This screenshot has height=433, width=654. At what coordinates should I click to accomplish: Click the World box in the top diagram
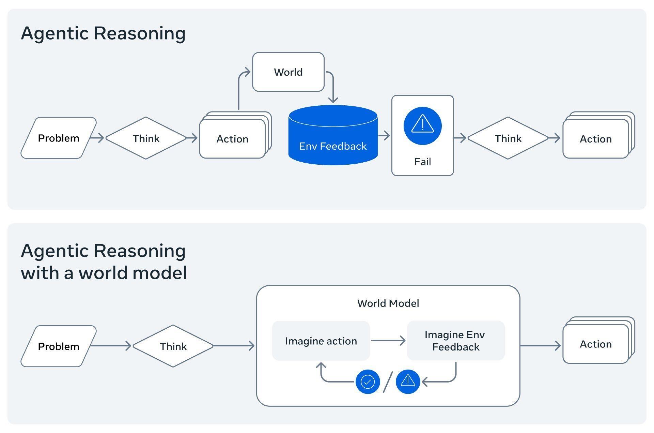point(288,72)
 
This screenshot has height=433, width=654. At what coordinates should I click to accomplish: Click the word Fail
point(422,162)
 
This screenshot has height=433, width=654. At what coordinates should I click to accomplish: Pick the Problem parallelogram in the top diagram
point(59,138)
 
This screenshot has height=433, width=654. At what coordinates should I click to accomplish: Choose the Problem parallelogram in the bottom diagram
point(59,346)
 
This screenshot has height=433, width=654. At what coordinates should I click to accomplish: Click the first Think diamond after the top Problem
point(146,138)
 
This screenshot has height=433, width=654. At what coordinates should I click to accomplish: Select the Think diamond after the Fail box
point(508,138)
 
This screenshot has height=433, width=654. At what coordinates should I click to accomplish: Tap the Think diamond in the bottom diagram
point(173,346)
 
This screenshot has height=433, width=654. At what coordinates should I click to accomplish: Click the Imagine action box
point(321,341)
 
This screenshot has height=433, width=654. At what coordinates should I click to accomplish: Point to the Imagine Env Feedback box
point(455,341)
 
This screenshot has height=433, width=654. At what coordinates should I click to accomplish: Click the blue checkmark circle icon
point(368,382)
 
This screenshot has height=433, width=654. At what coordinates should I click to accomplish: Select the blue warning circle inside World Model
point(408,382)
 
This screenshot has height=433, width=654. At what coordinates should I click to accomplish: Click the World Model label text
point(388,303)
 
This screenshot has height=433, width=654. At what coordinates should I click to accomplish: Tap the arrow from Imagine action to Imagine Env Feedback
point(388,341)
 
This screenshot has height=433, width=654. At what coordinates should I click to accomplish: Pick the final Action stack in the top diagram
point(596,139)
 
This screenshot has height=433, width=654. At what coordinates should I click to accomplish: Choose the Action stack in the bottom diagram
point(596,344)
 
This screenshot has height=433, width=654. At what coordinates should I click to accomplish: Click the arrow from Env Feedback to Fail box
point(384,136)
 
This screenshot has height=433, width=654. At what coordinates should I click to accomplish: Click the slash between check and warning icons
point(388,382)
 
